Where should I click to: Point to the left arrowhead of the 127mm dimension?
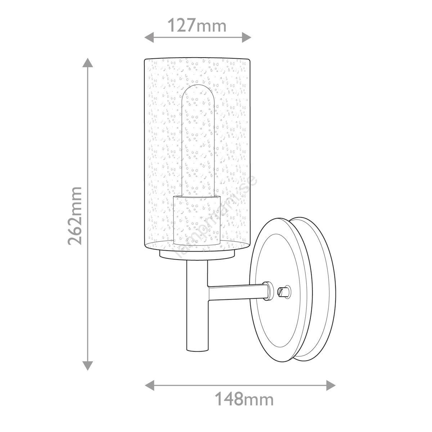pos(149,37)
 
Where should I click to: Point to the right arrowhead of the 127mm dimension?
pos(246,37)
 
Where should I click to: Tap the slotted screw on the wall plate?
pos(284,292)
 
